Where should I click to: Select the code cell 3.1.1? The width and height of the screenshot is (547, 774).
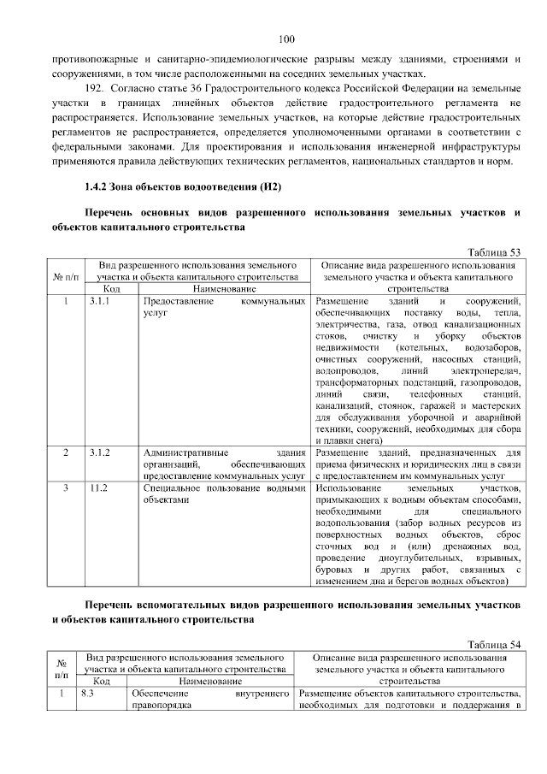pos(100,302)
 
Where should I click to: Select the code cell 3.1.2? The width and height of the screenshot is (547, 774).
pos(100,452)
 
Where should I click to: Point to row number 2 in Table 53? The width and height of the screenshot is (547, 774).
pos(66,452)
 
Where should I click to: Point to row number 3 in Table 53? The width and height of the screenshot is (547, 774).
pos(66,487)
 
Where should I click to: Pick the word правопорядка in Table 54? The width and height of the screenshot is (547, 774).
pos(163,706)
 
